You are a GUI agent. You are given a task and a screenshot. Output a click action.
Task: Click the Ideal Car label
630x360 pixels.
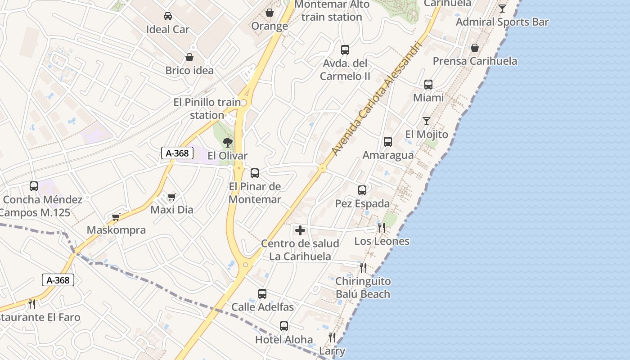pyautogui.click(x=167, y=29)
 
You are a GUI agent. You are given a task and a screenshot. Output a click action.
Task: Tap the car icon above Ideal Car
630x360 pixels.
pyautogui.click(x=167, y=16)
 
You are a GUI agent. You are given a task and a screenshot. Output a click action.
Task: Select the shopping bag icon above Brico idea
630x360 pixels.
pyautogui.click(x=189, y=58)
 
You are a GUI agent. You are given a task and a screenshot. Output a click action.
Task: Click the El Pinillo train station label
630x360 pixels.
pyautogui.click(x=207, y=108)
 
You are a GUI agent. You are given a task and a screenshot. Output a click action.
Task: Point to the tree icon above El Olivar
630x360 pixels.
pyautogui.click(x=228, y=143)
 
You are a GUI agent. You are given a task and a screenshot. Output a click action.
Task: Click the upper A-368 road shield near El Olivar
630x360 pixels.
pyautogui.click(x=177, y=153)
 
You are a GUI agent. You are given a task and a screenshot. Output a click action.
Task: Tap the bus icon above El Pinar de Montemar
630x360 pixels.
pyautogui.click(x=255, y=173)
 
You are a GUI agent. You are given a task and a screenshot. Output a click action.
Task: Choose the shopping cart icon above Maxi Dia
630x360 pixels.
pyautogui.click(x=171, y=197)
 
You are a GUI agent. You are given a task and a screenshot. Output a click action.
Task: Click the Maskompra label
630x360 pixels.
pyautogui.click(x=116, y=230)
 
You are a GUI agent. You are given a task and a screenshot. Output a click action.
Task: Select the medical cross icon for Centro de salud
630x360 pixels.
pyautogui.click(x=300, y=231)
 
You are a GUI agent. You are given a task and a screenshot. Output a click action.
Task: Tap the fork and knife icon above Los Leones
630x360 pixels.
pyautogui.click(x=382, y=228)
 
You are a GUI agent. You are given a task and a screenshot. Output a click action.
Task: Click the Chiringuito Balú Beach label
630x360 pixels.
pyautogui.click(x=363, y=288)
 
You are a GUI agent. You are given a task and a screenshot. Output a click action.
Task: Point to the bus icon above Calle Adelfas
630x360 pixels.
pyautogui.click(x=262, y=294)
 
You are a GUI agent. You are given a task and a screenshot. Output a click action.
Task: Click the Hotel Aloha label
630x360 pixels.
pyautogui.click(x=284, y=339)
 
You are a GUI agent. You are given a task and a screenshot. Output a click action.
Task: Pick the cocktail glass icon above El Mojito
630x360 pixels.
pyautogui.click(x=426, y=121)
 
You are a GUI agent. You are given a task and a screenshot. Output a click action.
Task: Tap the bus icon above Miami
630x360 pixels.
pyautogui.click(x=428, y=85)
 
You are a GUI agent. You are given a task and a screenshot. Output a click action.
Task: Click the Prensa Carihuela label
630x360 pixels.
pyautogui.click(x=475, y=61)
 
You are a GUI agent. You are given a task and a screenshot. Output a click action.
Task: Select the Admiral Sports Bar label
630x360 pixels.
pyautogui.click(x=502, y=22)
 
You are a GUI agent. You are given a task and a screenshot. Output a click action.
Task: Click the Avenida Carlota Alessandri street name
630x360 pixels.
pyautogui.click(x=378, y=97)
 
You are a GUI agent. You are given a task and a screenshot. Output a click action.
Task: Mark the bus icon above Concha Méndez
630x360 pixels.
pyautogui.click(x=34, y=186)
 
